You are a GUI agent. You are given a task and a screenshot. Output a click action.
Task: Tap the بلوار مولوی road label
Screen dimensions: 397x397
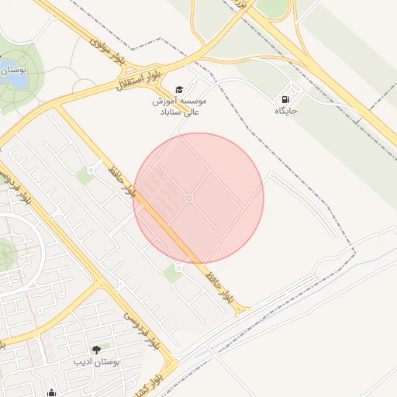[x=108, y=48]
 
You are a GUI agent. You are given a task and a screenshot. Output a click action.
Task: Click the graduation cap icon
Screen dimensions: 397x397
[x=180, y=90]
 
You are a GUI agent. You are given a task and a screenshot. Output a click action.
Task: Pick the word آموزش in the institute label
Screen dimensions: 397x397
[x=167, y=102]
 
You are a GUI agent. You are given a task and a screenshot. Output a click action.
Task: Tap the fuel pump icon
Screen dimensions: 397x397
[x=286, y=99]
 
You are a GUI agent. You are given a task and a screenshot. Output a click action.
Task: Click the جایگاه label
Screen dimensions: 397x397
[x=286, y=112]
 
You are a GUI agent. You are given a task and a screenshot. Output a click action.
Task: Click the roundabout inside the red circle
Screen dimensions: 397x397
[x=189, y=199]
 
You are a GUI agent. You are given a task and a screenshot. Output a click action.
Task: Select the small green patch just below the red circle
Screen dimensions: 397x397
[x=173, y=274]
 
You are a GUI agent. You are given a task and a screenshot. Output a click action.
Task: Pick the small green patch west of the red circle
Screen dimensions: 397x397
[x=85, y=176]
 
